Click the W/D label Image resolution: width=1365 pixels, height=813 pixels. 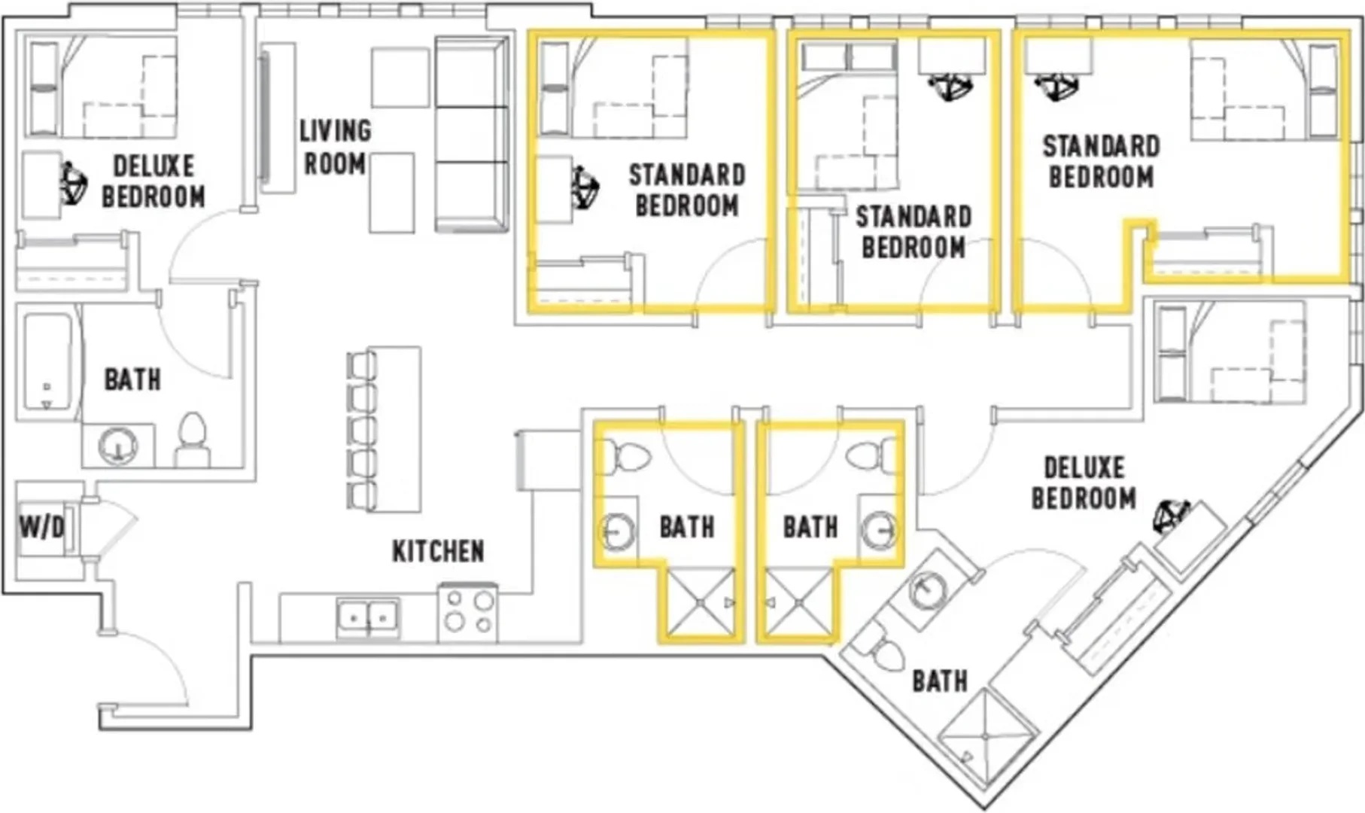point(42,528)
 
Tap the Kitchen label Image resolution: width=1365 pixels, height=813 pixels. point(438,551)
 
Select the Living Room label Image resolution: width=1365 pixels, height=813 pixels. point(335,147)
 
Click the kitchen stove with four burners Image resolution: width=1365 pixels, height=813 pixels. point(467,611)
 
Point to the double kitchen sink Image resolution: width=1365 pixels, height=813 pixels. point(368,618)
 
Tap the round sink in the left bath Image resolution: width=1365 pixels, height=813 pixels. point(118,446)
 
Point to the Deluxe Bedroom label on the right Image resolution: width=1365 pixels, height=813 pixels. point(1084,483)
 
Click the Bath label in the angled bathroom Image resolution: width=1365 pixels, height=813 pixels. point(940,681)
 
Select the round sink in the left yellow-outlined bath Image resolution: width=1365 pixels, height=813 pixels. point(619,531)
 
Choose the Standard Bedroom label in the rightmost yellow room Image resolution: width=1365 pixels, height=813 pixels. point(1101,162)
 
